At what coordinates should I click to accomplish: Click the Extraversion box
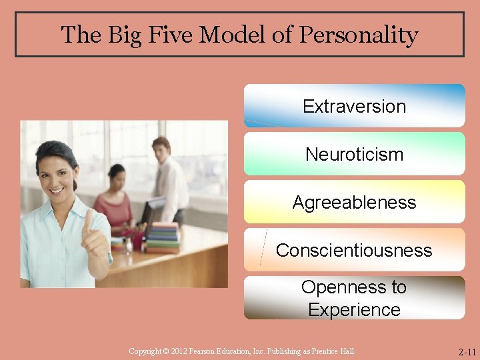[x=354, y=106]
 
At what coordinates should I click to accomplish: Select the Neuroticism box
[x=354, y=154]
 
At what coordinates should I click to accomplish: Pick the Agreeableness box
[x=354, y=202]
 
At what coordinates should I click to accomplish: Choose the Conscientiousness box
[x=354, y=250]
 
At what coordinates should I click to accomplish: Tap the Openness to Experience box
[x=354, y=298]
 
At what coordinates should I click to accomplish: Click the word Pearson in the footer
[x=203, y=351]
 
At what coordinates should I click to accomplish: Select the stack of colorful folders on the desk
[x=163, y=238]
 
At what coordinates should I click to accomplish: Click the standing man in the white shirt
[x=168, y=180]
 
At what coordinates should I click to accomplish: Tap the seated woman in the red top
[x=115, y=200]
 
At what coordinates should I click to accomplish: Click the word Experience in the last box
[x=354, y=309]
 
